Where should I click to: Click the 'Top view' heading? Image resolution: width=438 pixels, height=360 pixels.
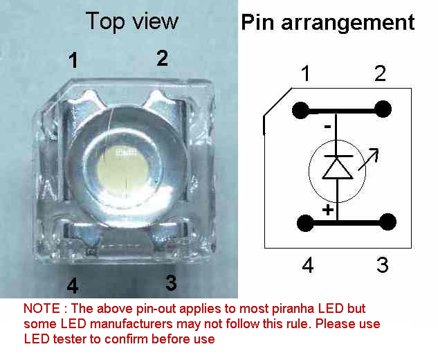click(x=131, y=21)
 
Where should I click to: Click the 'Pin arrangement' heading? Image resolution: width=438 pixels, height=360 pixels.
click(x=327, y=23)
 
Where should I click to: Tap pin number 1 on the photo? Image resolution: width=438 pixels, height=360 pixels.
click(x=73, y=62)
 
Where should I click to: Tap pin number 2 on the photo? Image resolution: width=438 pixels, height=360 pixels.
click(x=162, y=58)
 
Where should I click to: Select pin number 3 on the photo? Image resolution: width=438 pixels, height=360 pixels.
click(x=171, y=282)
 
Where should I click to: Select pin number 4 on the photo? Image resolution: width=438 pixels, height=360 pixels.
click(x=73, y=285)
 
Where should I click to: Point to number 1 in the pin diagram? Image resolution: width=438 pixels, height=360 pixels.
click(x=305, y=73)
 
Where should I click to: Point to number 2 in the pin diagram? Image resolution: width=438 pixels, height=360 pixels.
click(x=380, y=73)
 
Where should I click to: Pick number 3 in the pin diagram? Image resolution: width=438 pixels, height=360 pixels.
click(x=382, y=265)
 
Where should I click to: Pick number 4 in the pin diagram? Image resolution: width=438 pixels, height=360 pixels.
click(x=308, y=265)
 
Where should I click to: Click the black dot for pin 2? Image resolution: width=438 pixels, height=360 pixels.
click(x=383, y=109)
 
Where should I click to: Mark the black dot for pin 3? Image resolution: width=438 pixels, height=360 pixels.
click(x=388, y=222)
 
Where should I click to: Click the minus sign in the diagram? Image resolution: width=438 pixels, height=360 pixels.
click(x=327, y=127)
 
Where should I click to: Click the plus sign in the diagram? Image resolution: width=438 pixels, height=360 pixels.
click(x=327, y=208)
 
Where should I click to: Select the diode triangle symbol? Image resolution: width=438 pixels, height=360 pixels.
click(x=338, y=167)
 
